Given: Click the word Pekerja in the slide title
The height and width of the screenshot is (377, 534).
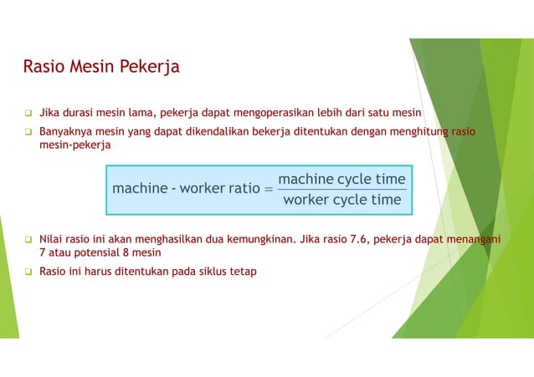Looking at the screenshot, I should pyautogui.click(x=148, y=66).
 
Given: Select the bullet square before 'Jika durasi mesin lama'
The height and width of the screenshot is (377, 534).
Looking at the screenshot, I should pyautogui.click(x=27, y=113).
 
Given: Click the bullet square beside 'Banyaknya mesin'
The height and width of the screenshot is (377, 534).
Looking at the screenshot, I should pyautogui.click(x=27, y=131).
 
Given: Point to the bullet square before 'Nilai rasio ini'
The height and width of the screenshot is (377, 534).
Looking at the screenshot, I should pyautogui.click(x=27, y=239).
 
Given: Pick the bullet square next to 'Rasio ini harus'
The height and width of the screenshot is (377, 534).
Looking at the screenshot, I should pyautogui.click(x=27, y=271).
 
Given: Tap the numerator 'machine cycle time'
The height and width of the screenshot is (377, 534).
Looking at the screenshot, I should pyautogui.click(x=341, y=180).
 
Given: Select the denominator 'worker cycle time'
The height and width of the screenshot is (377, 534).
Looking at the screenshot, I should pyautogui.click(x=341, y=199).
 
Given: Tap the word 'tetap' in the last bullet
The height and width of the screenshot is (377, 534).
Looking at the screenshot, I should pyautogui.click(x=243, y=271).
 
